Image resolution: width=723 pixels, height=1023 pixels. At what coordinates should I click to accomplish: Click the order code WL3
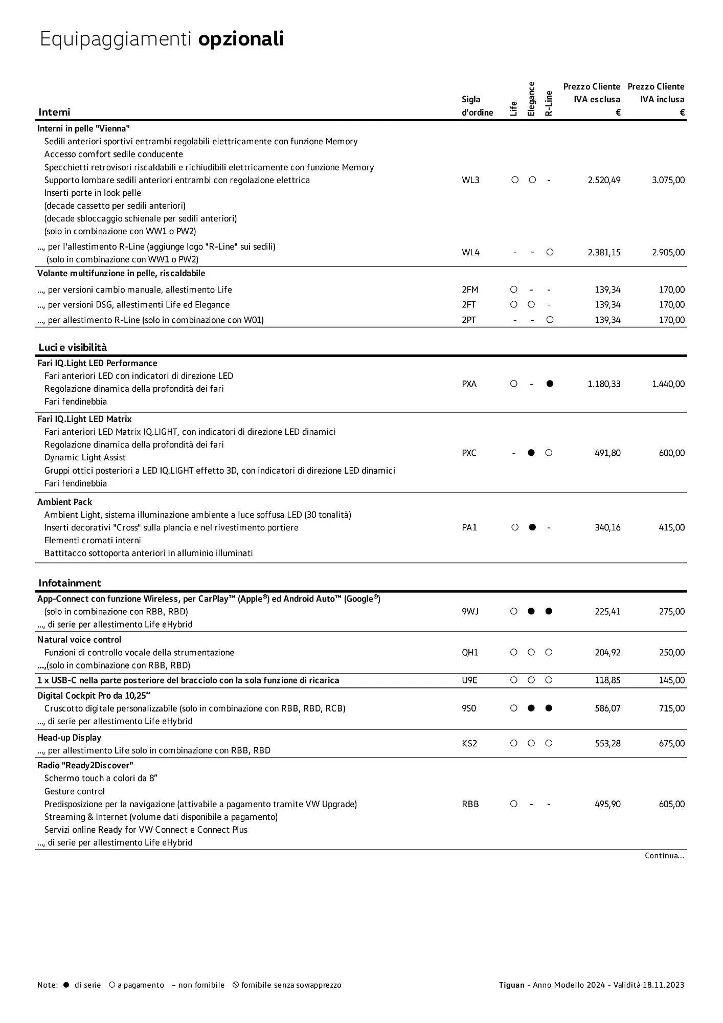tap(470, 180)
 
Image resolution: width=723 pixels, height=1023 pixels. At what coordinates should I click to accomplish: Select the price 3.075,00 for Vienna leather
tap(668, 180)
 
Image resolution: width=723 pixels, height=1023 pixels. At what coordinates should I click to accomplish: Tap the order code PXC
tap(469, 453)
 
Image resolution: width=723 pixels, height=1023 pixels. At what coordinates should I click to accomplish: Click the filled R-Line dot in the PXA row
tap(550, 384)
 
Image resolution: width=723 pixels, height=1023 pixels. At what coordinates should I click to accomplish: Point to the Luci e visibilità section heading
tap(73, 347)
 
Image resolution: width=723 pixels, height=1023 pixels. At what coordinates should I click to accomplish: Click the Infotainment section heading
tap(70, 583)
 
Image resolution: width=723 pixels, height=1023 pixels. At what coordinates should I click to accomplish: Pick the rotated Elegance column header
tap(531, 99)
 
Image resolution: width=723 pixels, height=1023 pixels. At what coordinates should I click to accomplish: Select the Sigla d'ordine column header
tap(477, 106)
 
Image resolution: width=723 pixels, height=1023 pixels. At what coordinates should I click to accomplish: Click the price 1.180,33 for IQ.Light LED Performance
tap(604, 384)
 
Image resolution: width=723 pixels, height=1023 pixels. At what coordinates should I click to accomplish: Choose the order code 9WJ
tap(470, 612)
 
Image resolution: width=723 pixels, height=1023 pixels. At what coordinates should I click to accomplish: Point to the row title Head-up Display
tap(69, 738)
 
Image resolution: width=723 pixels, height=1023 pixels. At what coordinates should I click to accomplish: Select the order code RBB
tap(470, 804)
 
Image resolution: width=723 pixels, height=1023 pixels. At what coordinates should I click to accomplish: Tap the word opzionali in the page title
tap(241, 39)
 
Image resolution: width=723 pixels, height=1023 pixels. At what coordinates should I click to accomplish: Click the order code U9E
tap(469, 680)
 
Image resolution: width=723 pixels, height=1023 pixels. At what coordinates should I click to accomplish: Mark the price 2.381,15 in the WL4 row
tap(604, 252)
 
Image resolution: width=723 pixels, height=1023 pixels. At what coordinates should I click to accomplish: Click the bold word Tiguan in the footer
tap(511, 985)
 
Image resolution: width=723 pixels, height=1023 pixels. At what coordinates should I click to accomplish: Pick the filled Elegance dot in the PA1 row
tap(532, 527)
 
